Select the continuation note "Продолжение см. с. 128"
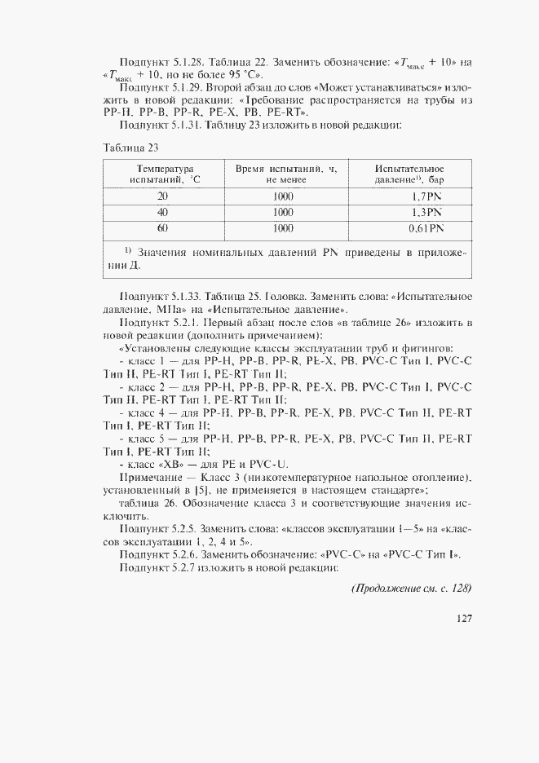411,589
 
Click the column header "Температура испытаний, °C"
162,174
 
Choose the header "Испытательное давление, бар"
409,174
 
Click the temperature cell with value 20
162,197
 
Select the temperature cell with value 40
162,213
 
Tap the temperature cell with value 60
162,228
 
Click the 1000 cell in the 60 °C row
284,228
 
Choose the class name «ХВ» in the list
175,463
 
